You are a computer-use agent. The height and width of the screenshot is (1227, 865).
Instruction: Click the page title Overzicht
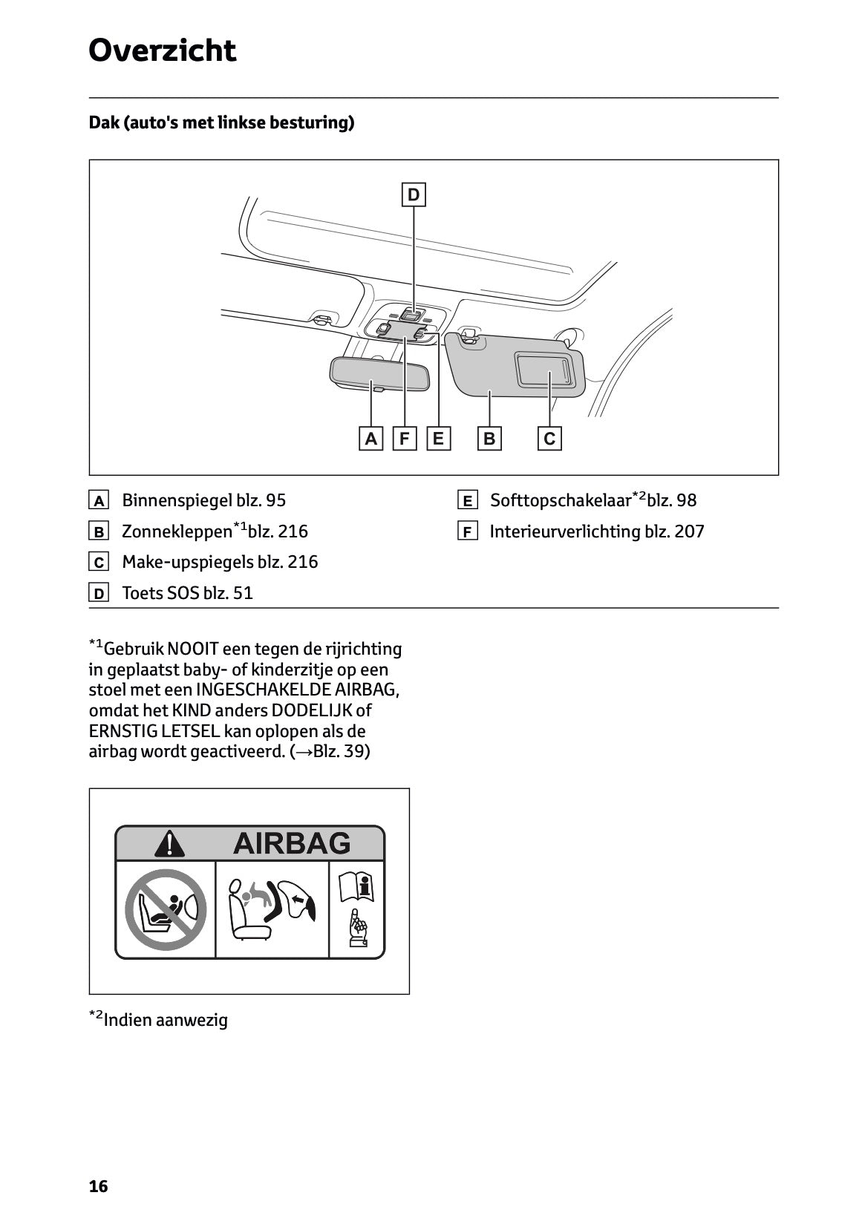click(x=162, y=50)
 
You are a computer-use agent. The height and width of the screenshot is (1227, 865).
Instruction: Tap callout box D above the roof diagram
click(x=414, y=194)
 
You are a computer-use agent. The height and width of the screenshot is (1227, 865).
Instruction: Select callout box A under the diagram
click(x=371, y=439)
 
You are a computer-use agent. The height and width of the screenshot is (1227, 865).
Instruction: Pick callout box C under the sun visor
click(x=549, y=439)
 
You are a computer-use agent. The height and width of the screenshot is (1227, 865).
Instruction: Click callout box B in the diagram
click(x=489, y=439)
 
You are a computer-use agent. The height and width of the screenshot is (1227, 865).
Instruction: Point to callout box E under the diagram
click(x=438, y=439)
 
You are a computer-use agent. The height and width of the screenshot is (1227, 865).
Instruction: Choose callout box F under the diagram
click(x=404, y=439)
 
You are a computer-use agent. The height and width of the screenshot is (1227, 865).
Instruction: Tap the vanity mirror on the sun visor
click(x=546, y=368)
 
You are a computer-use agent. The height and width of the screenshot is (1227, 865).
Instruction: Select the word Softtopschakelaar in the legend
click(x=561, y=500)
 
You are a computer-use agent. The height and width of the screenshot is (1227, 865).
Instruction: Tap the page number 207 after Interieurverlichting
click(x=689, y=531)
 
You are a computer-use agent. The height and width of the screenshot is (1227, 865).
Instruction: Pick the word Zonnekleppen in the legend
click(x=177, y=531)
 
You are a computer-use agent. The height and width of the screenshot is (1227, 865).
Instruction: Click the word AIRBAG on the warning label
click(x=291, y=843)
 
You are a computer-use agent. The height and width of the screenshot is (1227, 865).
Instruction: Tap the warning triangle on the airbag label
click(x=171, y=844)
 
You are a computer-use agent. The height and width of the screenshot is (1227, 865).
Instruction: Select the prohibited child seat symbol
click(x=165, y=910)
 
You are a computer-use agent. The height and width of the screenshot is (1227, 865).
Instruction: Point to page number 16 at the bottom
click(x=98, y=1186)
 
